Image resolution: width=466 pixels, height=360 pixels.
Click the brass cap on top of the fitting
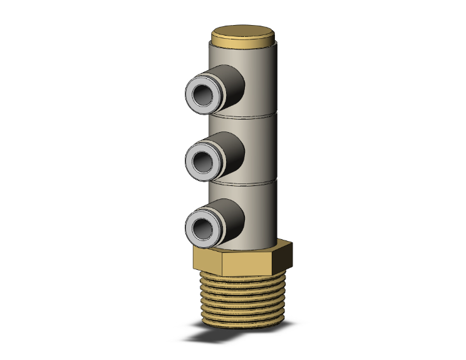(242, 34)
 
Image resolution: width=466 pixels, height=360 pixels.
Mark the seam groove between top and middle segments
(251, 116)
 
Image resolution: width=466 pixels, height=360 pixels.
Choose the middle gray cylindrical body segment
(257, 150)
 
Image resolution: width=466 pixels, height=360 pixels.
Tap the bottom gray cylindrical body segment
(257, 213)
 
